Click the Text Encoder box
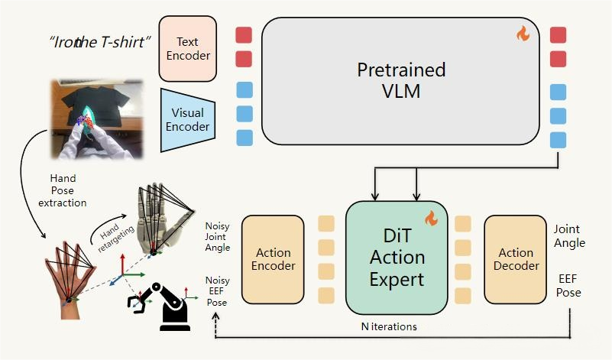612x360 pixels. click(187, 47)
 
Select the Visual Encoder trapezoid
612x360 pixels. click(186, 121)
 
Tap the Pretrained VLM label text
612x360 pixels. click(401, 80)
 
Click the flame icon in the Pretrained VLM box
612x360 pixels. click(523, 34)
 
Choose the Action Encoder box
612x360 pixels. click(273, 259)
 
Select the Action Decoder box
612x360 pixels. click(516, 259)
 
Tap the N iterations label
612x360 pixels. click(389, 326)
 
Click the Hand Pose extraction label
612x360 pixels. click(63, 192)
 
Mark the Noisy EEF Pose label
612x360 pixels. click(217, 291)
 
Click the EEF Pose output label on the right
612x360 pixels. click(568, 286)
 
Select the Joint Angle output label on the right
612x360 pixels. click(569, 235)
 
